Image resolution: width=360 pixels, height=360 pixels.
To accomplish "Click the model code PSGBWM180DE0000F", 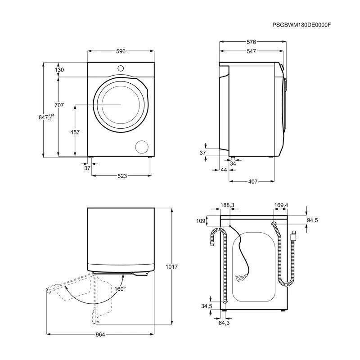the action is (x=301, y=25).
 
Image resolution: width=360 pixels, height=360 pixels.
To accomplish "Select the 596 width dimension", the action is (x=121, y=51).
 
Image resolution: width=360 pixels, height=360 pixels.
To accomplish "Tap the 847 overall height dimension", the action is (x=46, y=117).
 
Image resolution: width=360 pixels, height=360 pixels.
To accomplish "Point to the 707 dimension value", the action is (x=59, y=105).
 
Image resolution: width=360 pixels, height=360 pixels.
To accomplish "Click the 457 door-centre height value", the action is (x=75, y=132).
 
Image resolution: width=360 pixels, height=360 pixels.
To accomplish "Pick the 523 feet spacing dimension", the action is (x=122, y=176).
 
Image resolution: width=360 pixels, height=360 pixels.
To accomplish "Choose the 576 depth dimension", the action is (x=252, y=42).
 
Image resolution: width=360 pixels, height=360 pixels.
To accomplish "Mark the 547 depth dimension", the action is (x=252, y=51).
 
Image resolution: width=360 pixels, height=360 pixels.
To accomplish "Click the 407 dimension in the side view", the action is (x=253, y=182).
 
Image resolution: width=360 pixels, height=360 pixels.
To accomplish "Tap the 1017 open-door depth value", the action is (x=171, y=267).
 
